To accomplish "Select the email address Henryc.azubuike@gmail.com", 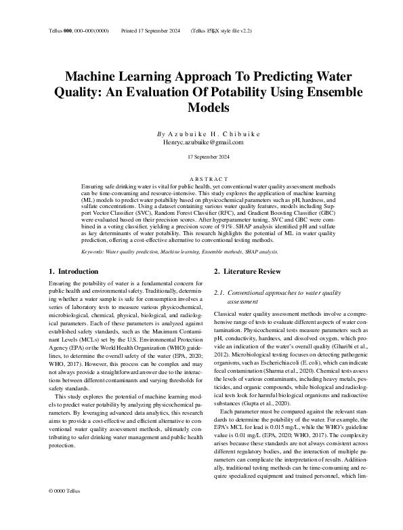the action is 203,142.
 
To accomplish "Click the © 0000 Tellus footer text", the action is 65,509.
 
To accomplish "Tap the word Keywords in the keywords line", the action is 93,251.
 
